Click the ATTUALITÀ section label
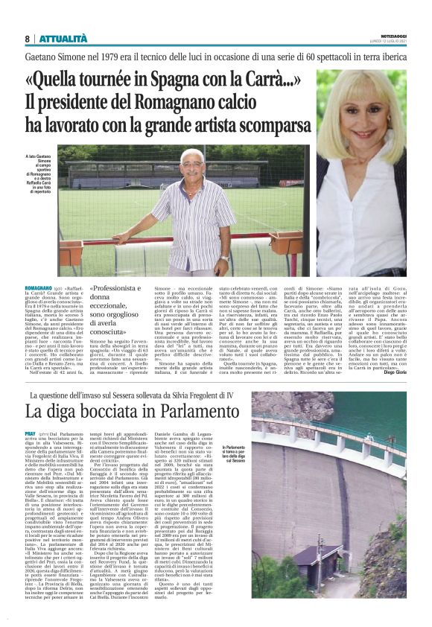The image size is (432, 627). click(x=63, y=38)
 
